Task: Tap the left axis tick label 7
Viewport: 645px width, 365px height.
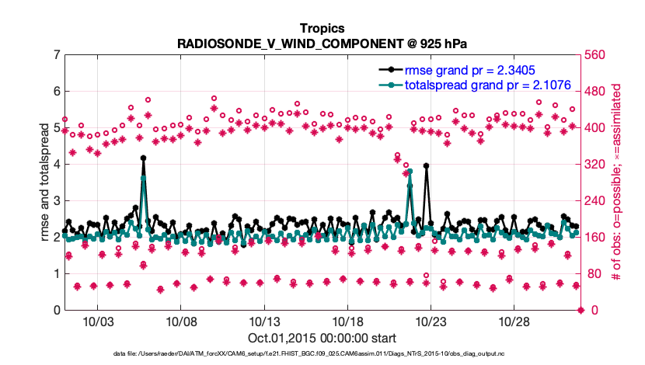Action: pyautogui.click(x=57, y=55)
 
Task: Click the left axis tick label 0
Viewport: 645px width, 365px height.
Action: pyautogui.click(x=57, y=310)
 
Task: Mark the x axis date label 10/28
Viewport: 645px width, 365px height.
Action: pyautogui.click(x=513, y=322)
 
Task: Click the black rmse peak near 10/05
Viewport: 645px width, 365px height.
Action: pyautogui.click(x=144, y=158)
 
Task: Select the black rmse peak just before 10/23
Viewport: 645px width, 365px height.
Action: pyautogui.click(x=427, y=165)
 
